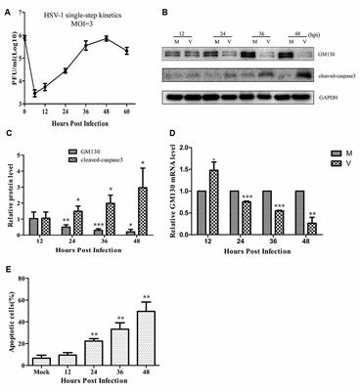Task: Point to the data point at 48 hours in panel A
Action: pos(133,38)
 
